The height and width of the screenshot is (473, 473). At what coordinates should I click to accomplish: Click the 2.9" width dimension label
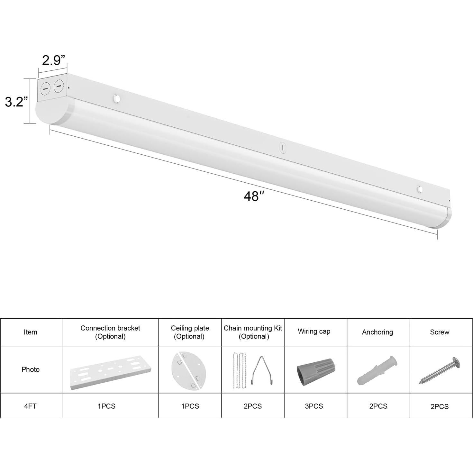[x=53, y=60]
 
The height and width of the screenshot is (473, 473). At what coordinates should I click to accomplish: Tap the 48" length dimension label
[x=254, y=196]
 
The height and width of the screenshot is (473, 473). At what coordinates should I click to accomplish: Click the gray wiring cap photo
[x=315, y=371]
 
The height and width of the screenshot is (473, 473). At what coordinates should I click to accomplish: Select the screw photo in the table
[x=440, y=371]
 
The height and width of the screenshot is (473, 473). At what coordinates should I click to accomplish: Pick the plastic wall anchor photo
[x=377, y=370]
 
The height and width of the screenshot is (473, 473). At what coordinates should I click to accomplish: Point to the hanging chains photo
[x=240, y=370]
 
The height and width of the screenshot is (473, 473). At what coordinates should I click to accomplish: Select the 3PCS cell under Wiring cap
[x=314, y=406]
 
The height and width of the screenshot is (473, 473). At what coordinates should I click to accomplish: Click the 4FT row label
[x=30, y=406]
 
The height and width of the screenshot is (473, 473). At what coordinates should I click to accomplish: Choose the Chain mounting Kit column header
[x=253, y=332]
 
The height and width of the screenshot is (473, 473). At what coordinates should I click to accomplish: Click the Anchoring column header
[x=377, y=332]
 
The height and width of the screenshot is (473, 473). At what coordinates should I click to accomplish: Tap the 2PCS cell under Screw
[x=440, y=406]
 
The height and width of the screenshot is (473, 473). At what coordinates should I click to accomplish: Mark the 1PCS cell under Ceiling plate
[x=190, y=406]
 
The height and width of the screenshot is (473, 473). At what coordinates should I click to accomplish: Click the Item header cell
[x=30, y=332]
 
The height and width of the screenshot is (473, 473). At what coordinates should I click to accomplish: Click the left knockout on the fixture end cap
[x=45, y=88]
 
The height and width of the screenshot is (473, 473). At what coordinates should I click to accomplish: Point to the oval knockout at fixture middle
[x=283, y=148]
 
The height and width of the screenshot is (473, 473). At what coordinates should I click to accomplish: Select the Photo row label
[x=30, y=369]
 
